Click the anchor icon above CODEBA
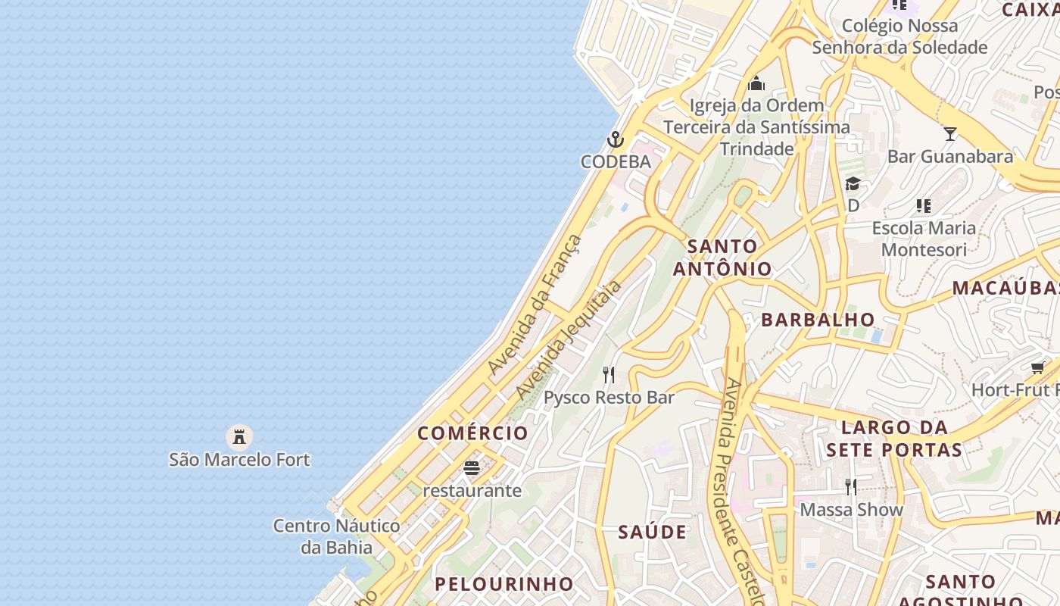click(x=615, y=139)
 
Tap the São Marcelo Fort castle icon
click(x=239, y=436)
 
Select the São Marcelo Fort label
click(x=239, y=459)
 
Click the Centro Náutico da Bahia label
click(x=337, y=536)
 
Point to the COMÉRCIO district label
click(x=473, y=433)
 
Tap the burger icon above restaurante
click(x=472, y=468)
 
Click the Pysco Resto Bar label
click(x=609, y=398)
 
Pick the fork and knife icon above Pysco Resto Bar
click(x=609, y=374)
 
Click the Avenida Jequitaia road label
click(x=569, y=339)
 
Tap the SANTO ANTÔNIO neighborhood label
click(x=722, y=258)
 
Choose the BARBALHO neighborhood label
click(x=818, y=320)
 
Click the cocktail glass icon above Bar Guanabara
click(x=950, y=134)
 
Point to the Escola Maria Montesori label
click(x=924, y=239)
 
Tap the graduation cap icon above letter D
click(x=853, y=184)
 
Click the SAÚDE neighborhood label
click(x=653, y=532)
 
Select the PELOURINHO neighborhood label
click(x=504, y=584)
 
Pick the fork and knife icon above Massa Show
click(x=851, y=486)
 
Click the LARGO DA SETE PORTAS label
click(x=894, y=439)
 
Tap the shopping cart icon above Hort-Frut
click(x=1037, y=368)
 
